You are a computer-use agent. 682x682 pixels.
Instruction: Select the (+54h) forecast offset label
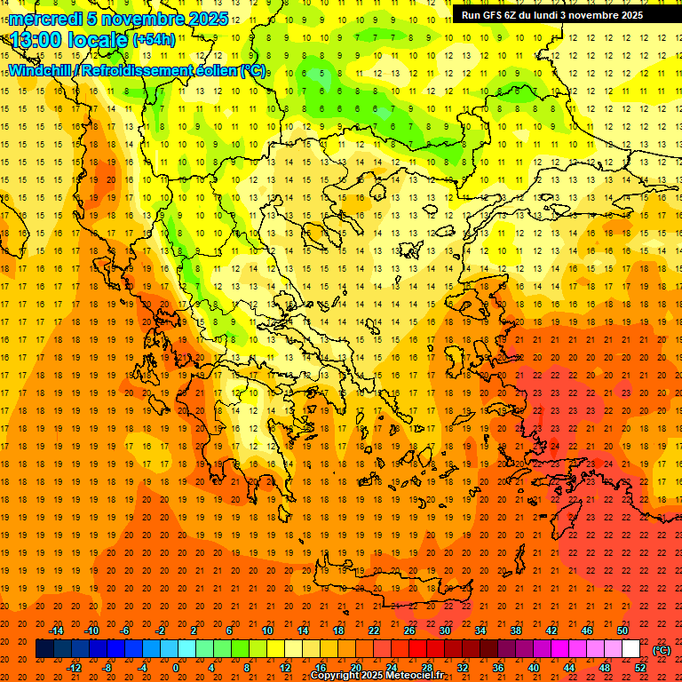154,39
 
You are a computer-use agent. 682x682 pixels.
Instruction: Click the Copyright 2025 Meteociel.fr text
389,676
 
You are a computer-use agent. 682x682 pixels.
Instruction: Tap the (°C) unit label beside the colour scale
662,650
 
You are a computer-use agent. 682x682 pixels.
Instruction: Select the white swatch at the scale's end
631,649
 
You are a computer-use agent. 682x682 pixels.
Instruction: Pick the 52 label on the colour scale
640,668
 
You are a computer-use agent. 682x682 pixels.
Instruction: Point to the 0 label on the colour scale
176,668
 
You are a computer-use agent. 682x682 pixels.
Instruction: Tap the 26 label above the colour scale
409,630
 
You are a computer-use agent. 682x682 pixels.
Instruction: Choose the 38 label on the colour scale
516,630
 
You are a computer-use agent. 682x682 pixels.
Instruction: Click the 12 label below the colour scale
285,668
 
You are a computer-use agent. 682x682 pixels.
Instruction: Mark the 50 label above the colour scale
623,630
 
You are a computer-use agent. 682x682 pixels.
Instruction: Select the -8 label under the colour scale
107,668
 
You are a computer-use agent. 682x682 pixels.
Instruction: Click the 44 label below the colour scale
569,668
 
